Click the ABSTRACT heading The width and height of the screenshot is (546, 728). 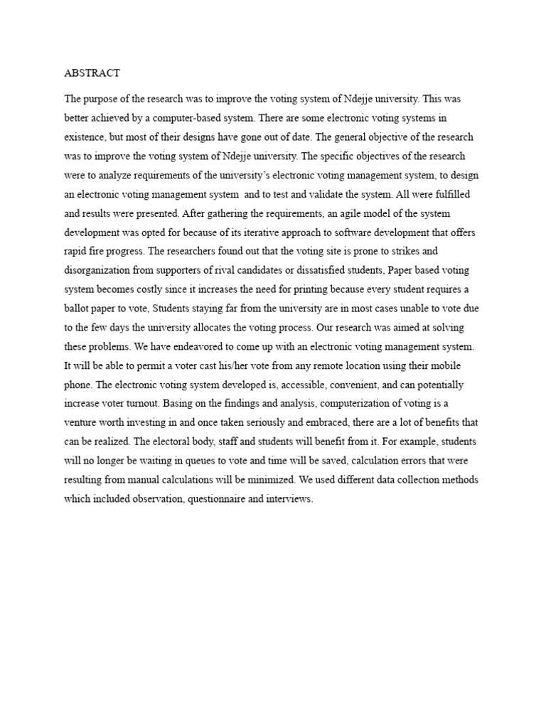92,73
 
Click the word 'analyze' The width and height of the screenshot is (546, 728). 124,175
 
